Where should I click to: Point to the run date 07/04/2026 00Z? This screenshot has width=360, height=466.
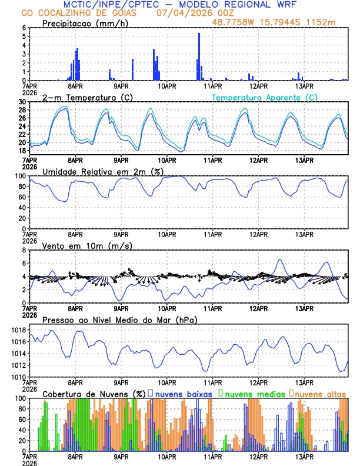point(188,13)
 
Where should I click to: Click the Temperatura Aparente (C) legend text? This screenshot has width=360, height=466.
point(264,97)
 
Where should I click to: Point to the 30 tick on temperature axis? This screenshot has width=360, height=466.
point(22,102)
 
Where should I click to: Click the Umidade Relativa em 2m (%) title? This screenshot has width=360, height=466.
point(103,171)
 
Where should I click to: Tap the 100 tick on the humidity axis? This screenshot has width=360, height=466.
point(20,176)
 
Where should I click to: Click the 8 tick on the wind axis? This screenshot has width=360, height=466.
point(24,250)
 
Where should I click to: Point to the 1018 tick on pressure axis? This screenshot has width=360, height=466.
point(16,331)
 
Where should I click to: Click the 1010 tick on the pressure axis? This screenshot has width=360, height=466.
point(16,377)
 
